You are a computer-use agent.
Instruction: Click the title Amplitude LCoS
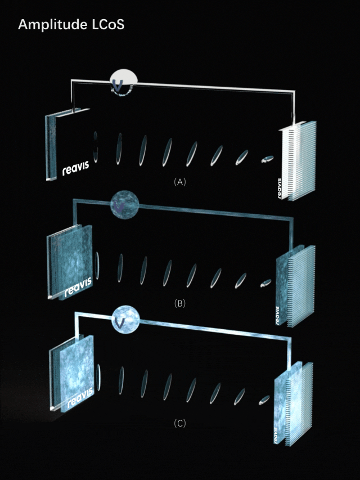[x=71, y=25]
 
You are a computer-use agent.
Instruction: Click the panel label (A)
[x=179, y=182]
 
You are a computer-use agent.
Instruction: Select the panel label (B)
[x=179, y=303]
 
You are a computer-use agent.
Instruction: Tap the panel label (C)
[x=179, y=423]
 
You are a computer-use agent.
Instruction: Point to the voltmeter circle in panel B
[x=124, y=205]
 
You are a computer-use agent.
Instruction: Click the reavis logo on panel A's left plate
[x=75, y=168]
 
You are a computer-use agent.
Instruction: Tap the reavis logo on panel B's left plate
[x=78, y=287]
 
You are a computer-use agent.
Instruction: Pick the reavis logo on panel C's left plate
[x=80, y=397]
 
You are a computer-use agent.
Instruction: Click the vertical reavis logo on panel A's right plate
[x=279, y=189]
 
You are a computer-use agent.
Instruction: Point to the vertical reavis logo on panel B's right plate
[x=277, y=316]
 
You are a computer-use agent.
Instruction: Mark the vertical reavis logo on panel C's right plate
[x=276, y=435]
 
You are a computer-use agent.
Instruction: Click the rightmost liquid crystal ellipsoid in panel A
[x=267, y=159]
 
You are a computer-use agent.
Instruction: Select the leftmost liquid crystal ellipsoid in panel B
[x=97, y=266]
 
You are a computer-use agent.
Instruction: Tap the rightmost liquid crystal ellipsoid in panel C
[x=264, y=400]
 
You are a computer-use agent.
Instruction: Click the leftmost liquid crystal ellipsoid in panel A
[x=96, y=147]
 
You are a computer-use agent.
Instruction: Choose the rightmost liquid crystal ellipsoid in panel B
[x=265, y=283]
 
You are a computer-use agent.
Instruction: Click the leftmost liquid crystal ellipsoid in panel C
[x=98, y=377]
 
